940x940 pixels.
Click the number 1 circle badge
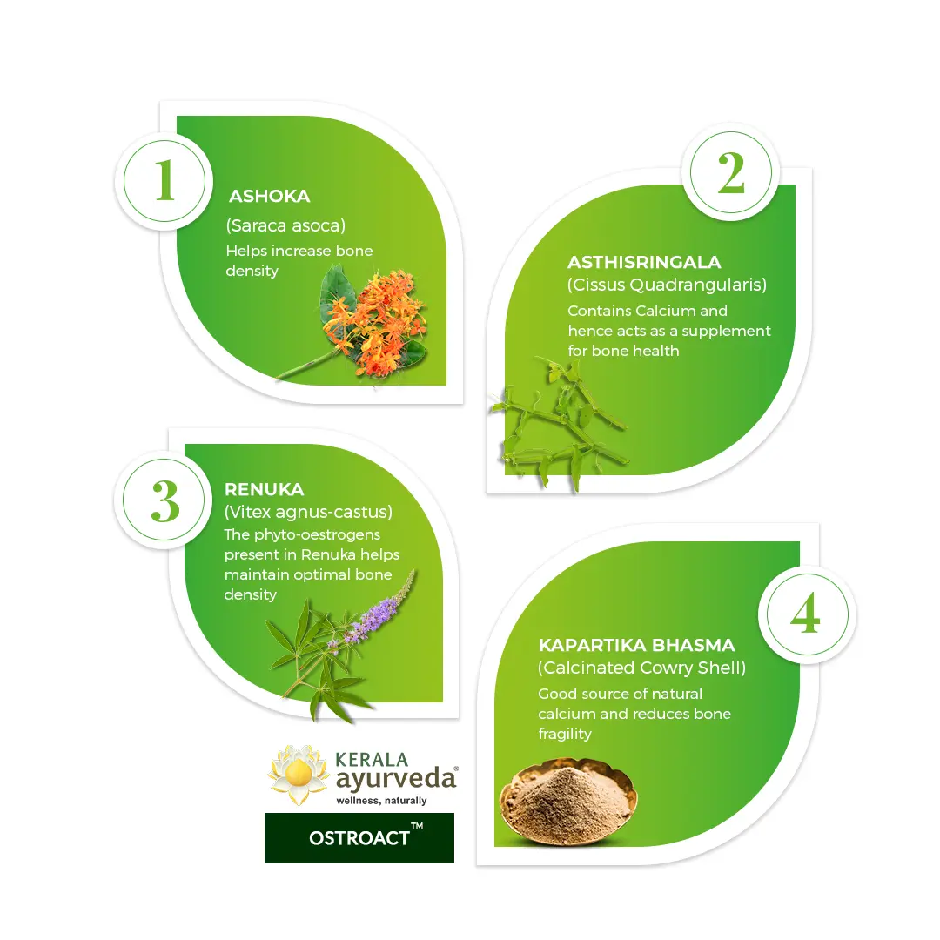click(164, 181)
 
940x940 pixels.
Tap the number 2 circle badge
click(731, 172)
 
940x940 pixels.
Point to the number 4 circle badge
click(807, 614)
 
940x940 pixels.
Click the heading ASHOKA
click(269, 196)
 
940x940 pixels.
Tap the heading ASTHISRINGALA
click(644, 262)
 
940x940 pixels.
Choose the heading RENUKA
click(264, 489)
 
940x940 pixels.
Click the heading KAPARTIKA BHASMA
click(636, 645)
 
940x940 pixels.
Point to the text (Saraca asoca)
click(285, 225)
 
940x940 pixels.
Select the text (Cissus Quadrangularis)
click(667, 285)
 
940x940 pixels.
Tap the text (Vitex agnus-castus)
click(308, 512)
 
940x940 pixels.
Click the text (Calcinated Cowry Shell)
click(641, 668)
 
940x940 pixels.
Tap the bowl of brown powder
click(567, 798)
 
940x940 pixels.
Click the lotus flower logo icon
click(298, 775)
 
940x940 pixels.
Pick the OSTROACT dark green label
click(359, 837)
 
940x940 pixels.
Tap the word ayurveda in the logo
click(395, 779)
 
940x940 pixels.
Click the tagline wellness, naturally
click(381, 801)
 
